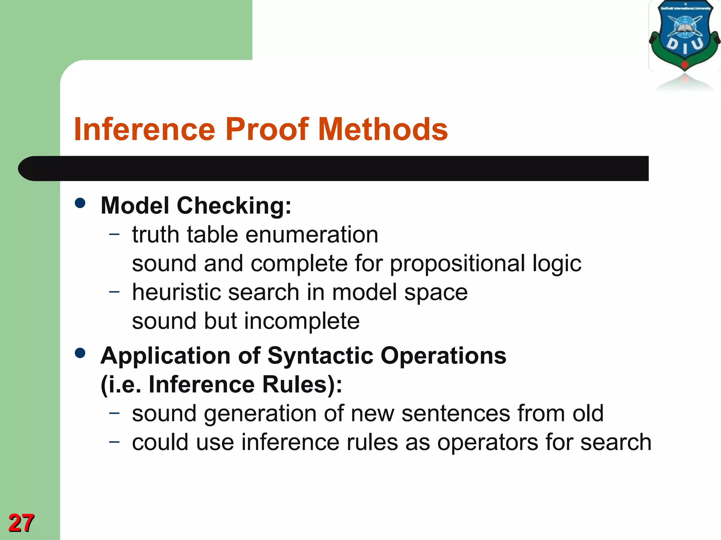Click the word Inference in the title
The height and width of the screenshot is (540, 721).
[144, 129]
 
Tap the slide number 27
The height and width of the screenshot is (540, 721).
[21, 523]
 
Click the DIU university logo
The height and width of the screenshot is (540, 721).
[684, 39]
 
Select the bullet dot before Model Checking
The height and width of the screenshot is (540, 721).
[80, 203]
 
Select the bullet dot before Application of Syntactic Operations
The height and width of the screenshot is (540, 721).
[80, 353]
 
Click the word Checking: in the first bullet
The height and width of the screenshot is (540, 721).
[234, 206]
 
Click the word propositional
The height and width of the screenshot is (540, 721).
[457, 264]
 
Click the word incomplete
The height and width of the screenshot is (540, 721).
[302, 321]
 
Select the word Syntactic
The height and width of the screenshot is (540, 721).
[320, 356]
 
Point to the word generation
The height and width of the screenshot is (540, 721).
[260, 414]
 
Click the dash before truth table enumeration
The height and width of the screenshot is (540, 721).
[114, 233]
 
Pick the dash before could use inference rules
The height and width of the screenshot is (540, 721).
[114, 441]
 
